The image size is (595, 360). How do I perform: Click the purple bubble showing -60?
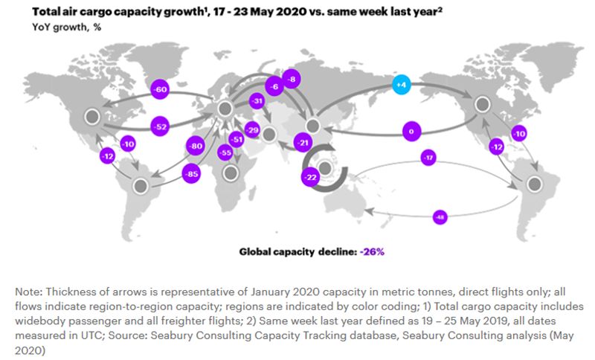click(160, 89)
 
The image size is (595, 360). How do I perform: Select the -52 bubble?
click(160, 126)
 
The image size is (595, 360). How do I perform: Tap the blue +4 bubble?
click(402, 85)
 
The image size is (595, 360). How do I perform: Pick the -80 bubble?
click(196, 147)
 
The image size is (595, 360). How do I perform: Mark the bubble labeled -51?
click(237, 138)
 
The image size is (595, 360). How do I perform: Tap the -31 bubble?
click(258, 101)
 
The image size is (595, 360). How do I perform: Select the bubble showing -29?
click(251, 129)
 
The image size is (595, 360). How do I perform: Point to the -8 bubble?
click(292, 78)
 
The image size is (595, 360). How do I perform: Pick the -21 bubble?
click(302, 141)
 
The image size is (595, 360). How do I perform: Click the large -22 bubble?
click(311, 176)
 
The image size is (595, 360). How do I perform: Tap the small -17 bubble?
click(428, 158)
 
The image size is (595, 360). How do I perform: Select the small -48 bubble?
click(441, 216)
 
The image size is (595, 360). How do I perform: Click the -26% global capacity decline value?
click(373, 251)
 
